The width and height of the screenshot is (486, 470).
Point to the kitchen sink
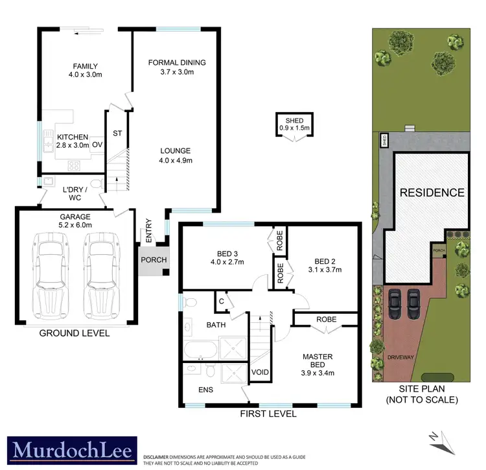point(48,140)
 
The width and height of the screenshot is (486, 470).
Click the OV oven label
point(97,145)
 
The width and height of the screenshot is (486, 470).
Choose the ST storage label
point(117,134)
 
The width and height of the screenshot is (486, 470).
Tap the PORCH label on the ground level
point(154,260)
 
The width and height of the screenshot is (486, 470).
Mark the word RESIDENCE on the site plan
point(432,193)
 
